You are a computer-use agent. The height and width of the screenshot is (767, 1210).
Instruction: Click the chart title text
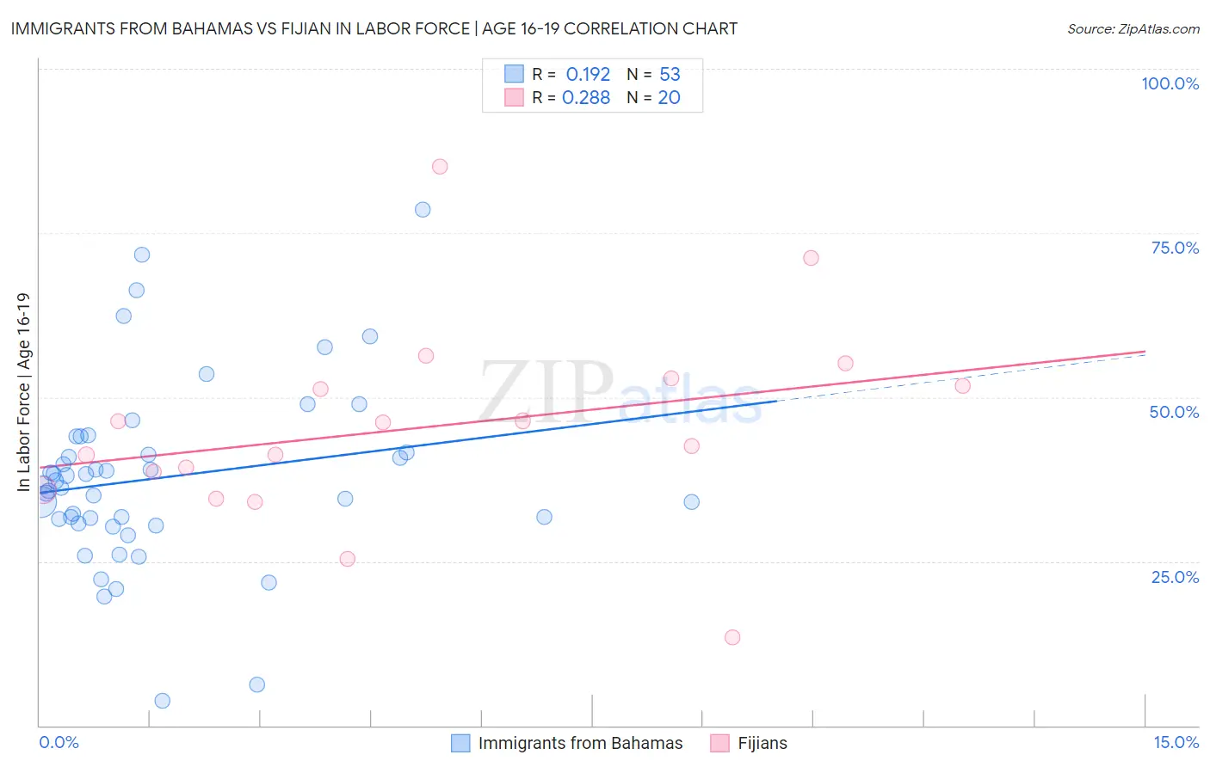(373, 28)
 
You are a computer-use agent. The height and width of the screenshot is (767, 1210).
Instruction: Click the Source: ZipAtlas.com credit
(1133, 28)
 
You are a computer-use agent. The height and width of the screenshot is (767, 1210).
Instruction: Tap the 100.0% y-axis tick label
(1170, 83)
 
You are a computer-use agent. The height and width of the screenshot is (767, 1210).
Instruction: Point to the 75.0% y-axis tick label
(1175, 248)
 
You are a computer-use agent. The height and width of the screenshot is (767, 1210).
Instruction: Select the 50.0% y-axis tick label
(1174, 412)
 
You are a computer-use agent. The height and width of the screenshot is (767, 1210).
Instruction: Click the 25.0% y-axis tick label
(1175, 577)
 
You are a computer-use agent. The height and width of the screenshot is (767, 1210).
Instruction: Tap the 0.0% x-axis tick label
(59, 742)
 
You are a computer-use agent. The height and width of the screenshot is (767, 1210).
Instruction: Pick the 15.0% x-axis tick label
(1176, 742)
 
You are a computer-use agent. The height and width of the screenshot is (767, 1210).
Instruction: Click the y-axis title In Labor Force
(23, 392)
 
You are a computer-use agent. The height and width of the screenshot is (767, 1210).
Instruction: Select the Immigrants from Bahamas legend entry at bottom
(568, 743)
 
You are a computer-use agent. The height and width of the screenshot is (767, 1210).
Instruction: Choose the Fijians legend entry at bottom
(750, 743)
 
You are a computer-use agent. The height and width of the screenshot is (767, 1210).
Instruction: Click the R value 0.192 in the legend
(588, 75)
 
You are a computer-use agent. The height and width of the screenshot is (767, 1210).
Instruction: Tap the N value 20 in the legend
(669, 98)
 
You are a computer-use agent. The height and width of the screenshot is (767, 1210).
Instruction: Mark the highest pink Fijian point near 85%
(440, 167)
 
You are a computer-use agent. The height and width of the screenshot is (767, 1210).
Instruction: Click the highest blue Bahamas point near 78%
(423, 210)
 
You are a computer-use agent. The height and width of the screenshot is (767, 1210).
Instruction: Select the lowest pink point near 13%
(732, 637)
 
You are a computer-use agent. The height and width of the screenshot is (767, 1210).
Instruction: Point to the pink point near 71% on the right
(811, 258)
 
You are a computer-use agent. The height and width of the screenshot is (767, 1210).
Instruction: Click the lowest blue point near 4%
(163, 701)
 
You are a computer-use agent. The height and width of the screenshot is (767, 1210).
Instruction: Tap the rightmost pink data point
(962, 386)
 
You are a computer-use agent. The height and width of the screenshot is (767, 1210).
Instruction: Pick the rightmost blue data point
(692, 502)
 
